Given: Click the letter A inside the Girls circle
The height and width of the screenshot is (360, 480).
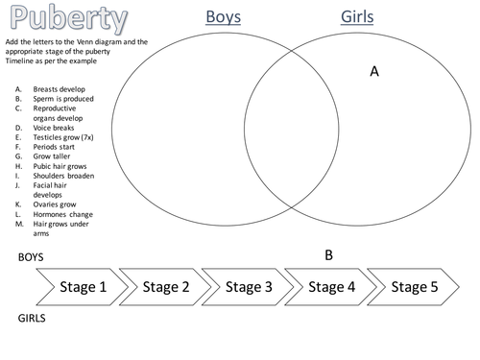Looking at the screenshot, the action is point(375,71).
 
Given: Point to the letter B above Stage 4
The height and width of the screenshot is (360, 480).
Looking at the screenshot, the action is point(328,255).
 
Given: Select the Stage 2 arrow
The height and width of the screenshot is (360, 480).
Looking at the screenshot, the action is point(165,286).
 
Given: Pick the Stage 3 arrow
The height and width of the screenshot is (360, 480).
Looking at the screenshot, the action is point(250,286).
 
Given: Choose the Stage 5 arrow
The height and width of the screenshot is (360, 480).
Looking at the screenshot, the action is point(414,286).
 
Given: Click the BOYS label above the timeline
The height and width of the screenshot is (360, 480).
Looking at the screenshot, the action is point(32,258).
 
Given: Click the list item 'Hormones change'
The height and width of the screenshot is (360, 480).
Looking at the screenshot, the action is point(62,214).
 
